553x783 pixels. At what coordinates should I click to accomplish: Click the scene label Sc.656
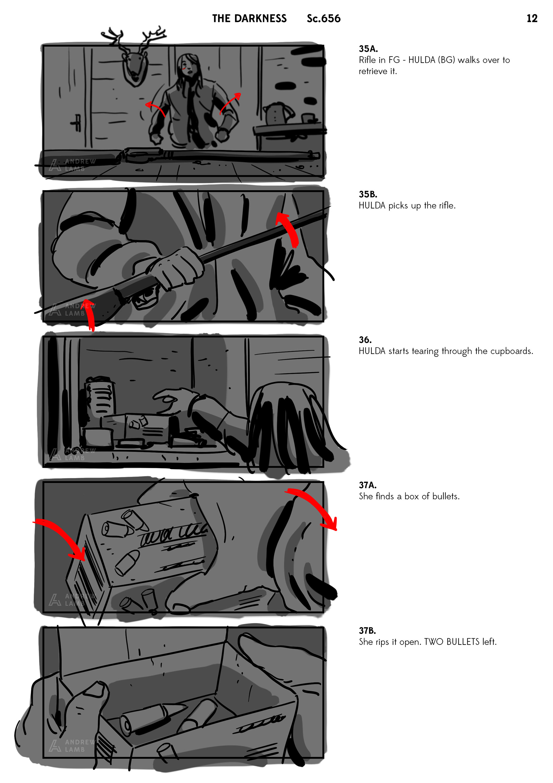click(323, 18)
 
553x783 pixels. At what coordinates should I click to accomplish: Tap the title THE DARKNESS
click(249, 18)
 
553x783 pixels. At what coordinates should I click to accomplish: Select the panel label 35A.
click(368, 49)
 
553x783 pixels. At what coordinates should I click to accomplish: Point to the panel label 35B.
click(368, 194)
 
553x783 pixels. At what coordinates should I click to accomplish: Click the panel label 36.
click(365, 340)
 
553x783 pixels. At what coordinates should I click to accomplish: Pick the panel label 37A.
click(368, 485)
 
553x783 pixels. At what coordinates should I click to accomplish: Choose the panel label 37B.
click(367, 630)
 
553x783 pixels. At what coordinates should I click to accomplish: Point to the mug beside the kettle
click(309, 118)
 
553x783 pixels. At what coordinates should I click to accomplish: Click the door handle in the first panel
click(76, 123)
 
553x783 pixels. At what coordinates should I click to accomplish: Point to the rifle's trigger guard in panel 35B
click(145, 300)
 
